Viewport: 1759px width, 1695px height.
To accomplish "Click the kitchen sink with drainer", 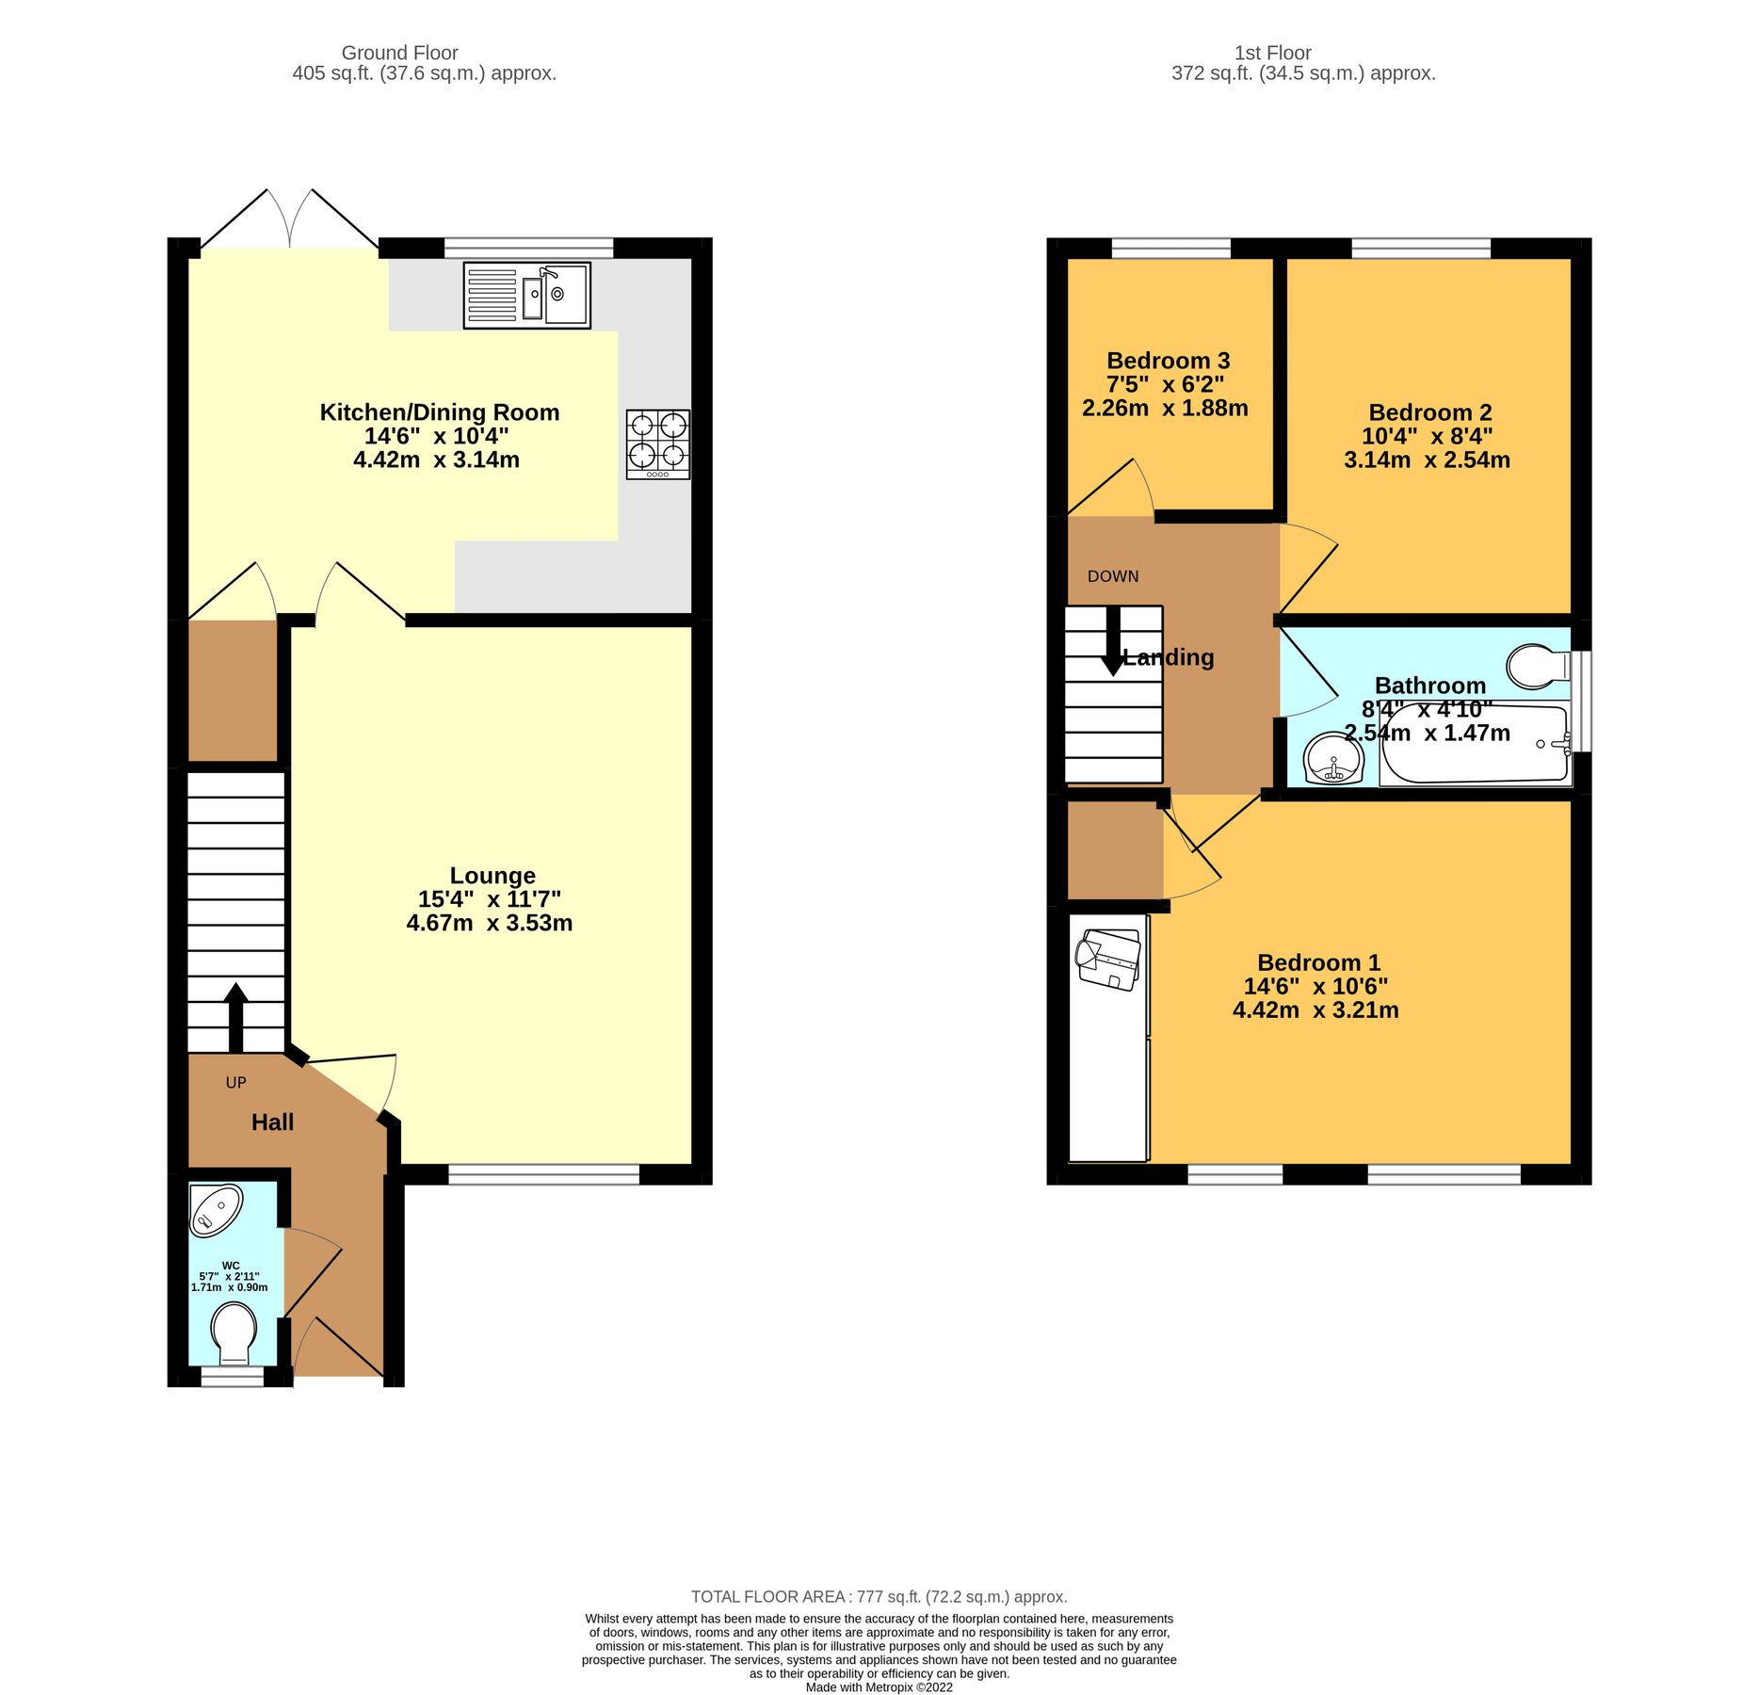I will pos(526,295).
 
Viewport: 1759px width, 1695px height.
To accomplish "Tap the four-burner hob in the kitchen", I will pos(657,444).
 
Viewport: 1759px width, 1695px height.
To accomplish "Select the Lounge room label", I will pos(492,876).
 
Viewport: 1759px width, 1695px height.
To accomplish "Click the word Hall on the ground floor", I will pos(272,1122).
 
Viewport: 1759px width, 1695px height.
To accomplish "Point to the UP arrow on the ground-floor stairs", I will pos(235,1017).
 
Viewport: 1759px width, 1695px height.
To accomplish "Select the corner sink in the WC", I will pos(215,1209).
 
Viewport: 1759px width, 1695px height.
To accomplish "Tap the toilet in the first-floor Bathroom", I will pos(1538,666).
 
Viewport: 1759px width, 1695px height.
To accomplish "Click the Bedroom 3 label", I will pos(1168,361).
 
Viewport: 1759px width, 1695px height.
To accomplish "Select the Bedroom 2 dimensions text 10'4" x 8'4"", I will pos(1427,436).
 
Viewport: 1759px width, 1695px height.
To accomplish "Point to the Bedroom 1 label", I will pos(1318,962).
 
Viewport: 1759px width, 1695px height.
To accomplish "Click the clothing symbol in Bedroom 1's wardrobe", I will pos(1108,960).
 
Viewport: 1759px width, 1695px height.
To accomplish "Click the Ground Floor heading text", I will pos(399,53).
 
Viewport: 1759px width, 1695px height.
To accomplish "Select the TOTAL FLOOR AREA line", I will pos(879,1596).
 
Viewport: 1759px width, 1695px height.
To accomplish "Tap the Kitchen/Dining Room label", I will pos(439,412).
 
